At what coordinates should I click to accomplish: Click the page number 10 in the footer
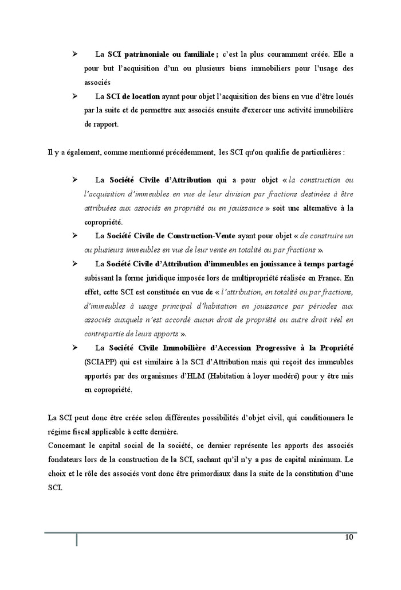coord(349,538)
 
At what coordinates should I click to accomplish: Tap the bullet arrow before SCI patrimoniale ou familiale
coord(74,55)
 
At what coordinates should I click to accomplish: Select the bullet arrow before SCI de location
coord(74,96)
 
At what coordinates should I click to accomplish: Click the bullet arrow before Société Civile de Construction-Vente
coord(74,236)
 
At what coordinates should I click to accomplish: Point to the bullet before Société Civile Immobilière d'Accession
coord(74,348)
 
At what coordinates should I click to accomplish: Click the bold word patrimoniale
coord(143,55)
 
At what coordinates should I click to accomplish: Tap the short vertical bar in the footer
coord(77,539)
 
